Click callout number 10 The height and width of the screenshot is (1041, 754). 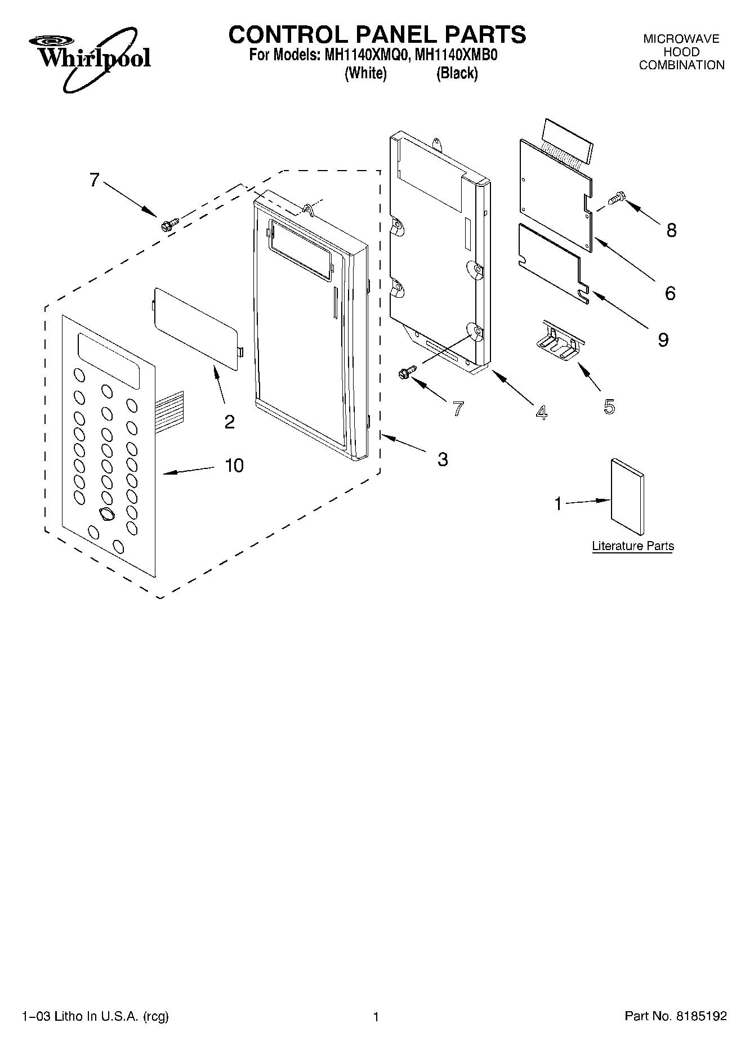click(234, 466)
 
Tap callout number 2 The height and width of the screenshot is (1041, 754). click(229, 422)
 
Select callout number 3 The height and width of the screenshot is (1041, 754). click(443, 459)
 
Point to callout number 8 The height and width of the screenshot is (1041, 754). click(671, 230)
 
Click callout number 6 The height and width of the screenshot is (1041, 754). click(670, 293)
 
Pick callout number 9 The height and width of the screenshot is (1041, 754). click(663, 339)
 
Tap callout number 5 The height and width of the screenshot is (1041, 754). click(609, 406)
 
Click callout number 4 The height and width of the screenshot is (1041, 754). click(541, 413)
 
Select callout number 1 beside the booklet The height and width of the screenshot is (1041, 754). click(558, 503)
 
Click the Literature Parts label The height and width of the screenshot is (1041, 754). click(632, 546)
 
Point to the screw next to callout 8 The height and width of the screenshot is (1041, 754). click(617, 198)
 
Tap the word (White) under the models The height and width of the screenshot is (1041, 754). click(365, 73)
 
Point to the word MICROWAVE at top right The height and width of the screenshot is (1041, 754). click(681, 39)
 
